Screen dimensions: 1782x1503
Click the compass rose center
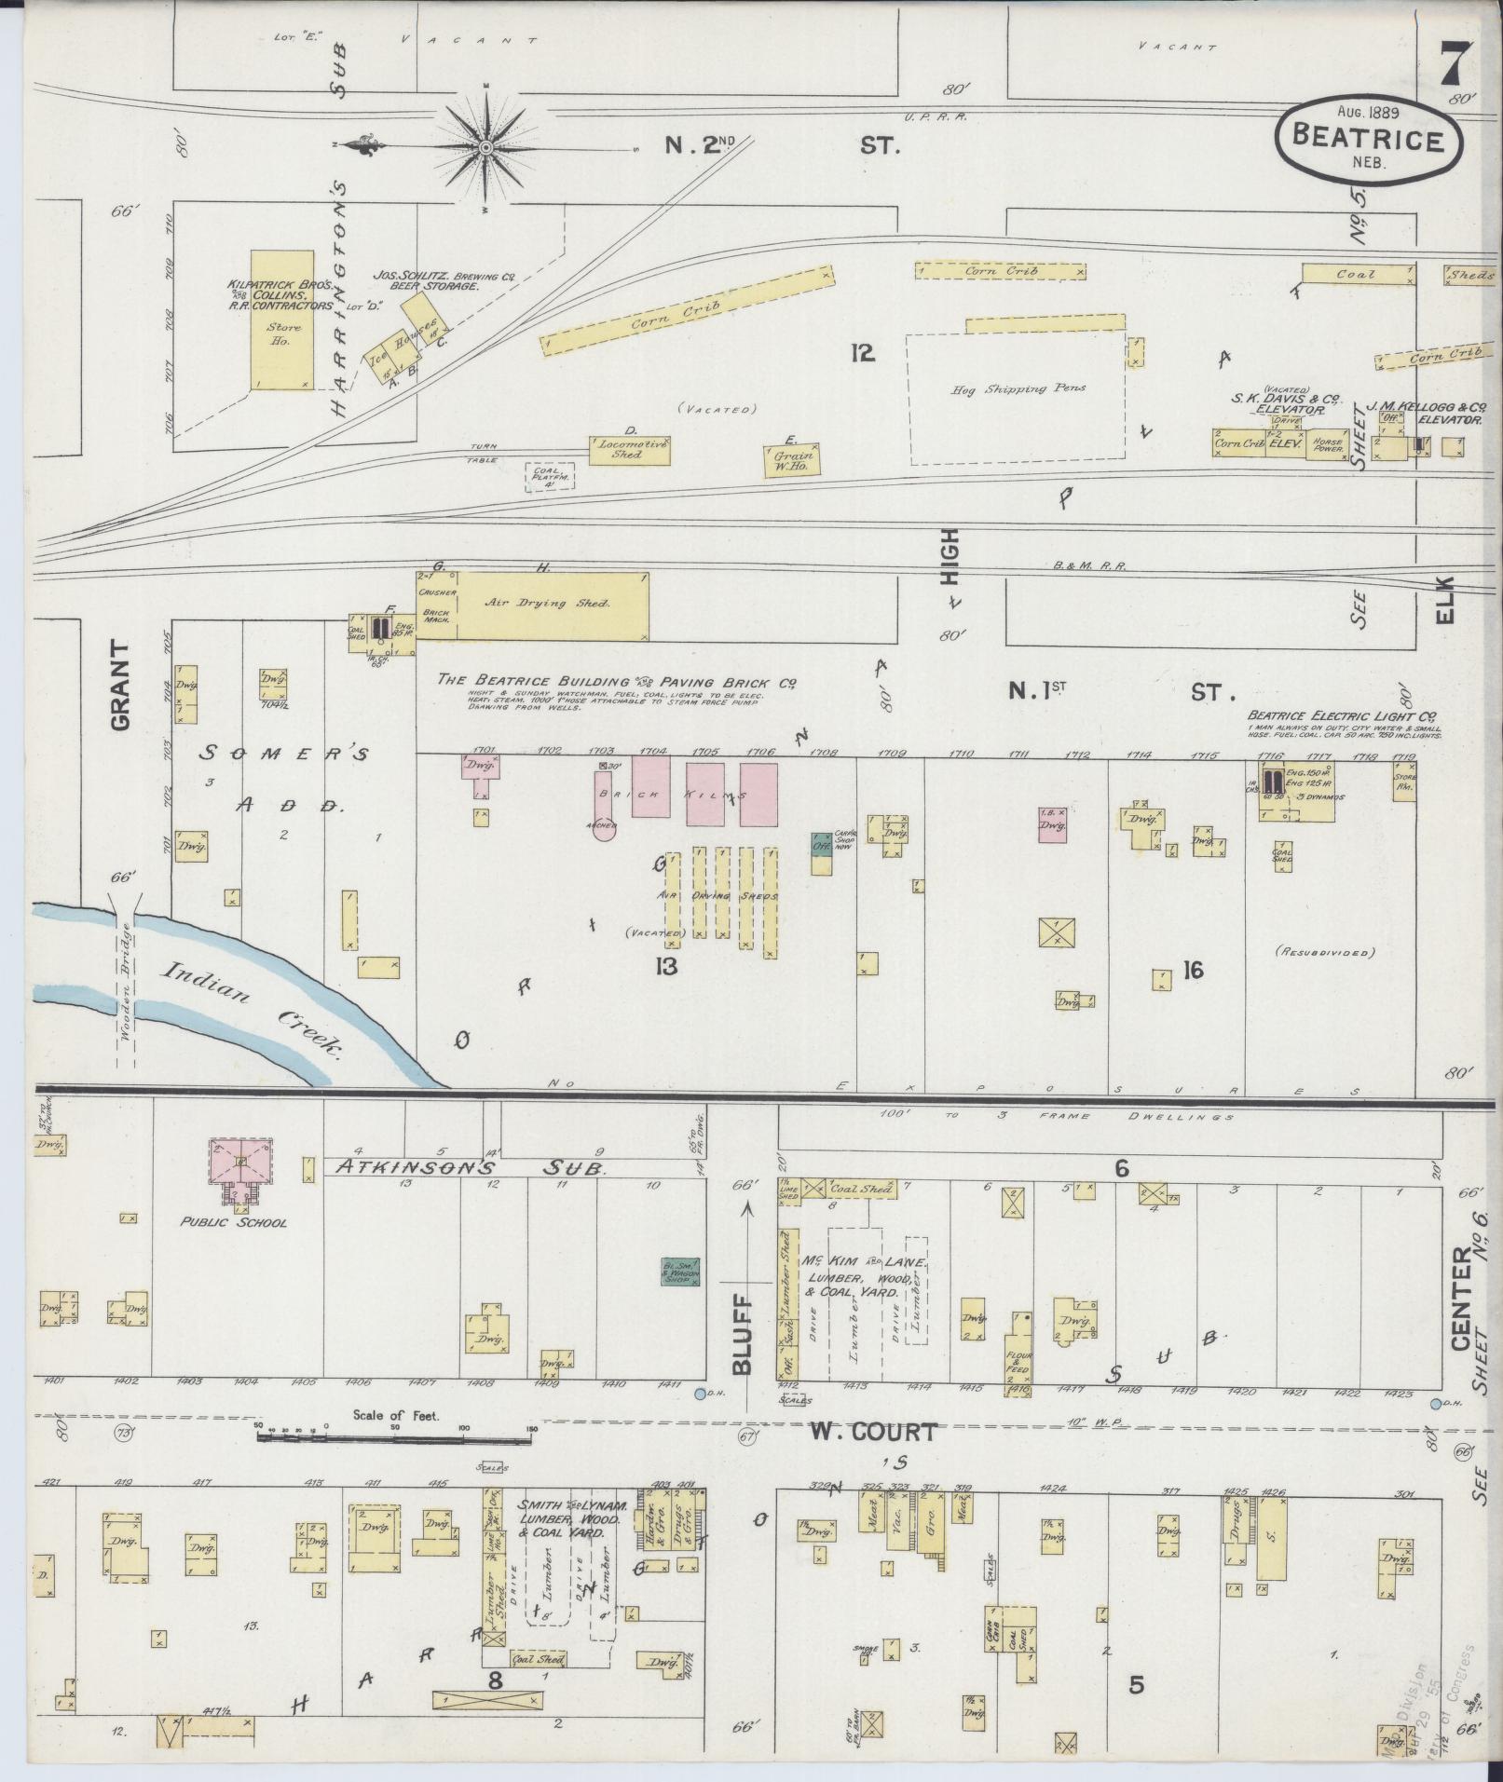pos(486,147)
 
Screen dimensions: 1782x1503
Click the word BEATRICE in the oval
pos(1367,140)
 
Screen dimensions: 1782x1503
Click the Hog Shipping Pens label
pos(1018,388)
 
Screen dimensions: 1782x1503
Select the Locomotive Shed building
pos(629,451)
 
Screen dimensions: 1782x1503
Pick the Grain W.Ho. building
pos(793,456)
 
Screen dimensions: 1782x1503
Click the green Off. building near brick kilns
pos(821,844)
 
